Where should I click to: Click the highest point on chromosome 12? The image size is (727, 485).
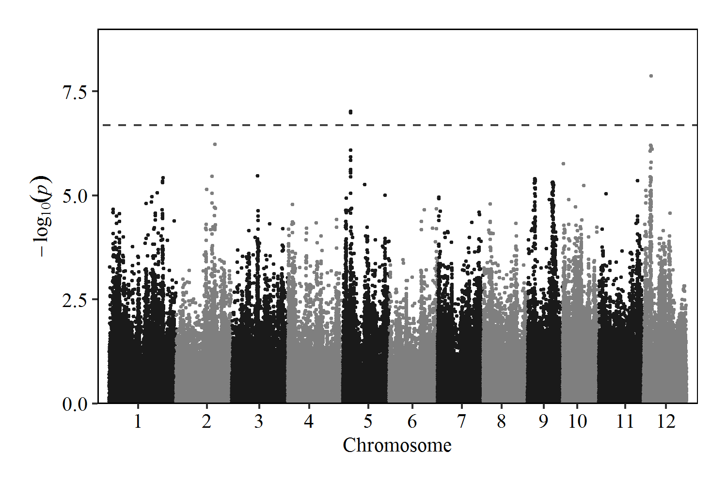(651, 76)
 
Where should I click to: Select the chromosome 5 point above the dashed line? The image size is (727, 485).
(350, 112)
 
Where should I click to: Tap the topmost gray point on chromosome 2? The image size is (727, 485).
(215, 144)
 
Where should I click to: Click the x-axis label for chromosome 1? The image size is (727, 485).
(138, 421)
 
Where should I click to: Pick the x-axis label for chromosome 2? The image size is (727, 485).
(207, 421)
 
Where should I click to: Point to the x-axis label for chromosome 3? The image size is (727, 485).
(259, 421)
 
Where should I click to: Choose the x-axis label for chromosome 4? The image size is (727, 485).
(309, 421)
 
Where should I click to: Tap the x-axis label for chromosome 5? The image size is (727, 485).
(368, 421)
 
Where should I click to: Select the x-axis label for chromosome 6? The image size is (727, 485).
(412, 421)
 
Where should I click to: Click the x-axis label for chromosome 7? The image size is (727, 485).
(461, 421)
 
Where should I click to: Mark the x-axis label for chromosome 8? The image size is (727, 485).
(501, 421)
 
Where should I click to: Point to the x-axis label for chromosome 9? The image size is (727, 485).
(543, 421)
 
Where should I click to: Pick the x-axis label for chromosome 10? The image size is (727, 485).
(577, 421)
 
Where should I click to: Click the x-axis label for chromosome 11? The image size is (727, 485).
(625, 421)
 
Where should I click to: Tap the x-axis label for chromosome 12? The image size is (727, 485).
(666, 421)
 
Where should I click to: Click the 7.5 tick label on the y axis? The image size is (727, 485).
(75, 91)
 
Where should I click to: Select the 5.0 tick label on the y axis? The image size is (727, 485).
(75, 195)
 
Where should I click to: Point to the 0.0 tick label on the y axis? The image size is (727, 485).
(75, 404)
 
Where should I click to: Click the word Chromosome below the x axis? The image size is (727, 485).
(397, 445)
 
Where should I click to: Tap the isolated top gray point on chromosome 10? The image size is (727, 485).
(563, 163)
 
